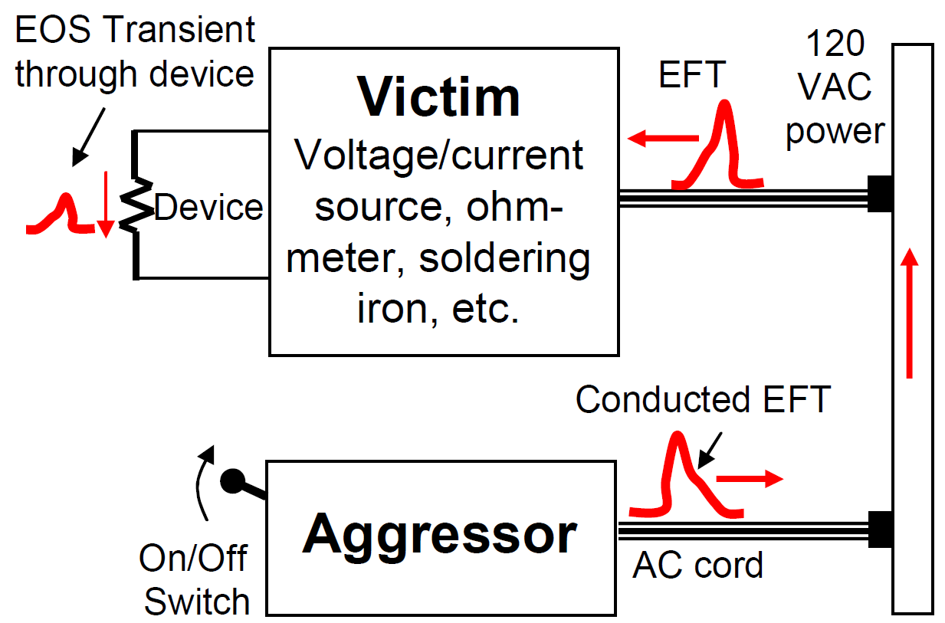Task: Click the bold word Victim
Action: tap(440, 97)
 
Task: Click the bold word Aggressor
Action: tap(439, 533)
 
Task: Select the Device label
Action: tap(208, 208)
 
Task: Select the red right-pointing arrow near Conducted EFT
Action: tap(750, 480)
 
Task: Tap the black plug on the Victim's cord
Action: tap(880, 194)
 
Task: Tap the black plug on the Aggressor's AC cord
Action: tap(880, 530)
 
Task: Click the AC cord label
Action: tap(697, 566)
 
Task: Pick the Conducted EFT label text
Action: tap(703, 400)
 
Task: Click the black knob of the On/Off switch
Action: tap(231, 481)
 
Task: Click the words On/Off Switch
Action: tap(196, 580)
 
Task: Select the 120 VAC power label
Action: tap(835, 87)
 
